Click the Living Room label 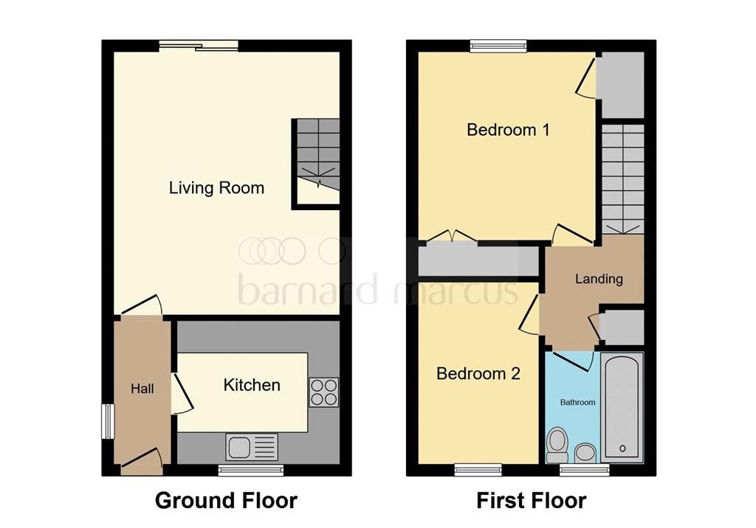click(216, 188)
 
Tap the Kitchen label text click(252, 385)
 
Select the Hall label click(142, 389)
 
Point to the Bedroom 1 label click(508, 130)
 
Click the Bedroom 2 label click(478, 373)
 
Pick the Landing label click(599, 279)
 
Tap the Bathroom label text click(577, 402)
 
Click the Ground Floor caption click(226, 501)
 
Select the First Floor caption click(532, 501)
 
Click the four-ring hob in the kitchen click(323, 392)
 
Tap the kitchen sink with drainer click(252, 447)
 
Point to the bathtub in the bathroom click(622, 408)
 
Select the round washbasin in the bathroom click(585, 453)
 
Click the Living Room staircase click(317, 162)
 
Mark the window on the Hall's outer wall click(108, 422)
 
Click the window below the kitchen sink click(251, 470)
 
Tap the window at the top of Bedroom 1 click(498, 46)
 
